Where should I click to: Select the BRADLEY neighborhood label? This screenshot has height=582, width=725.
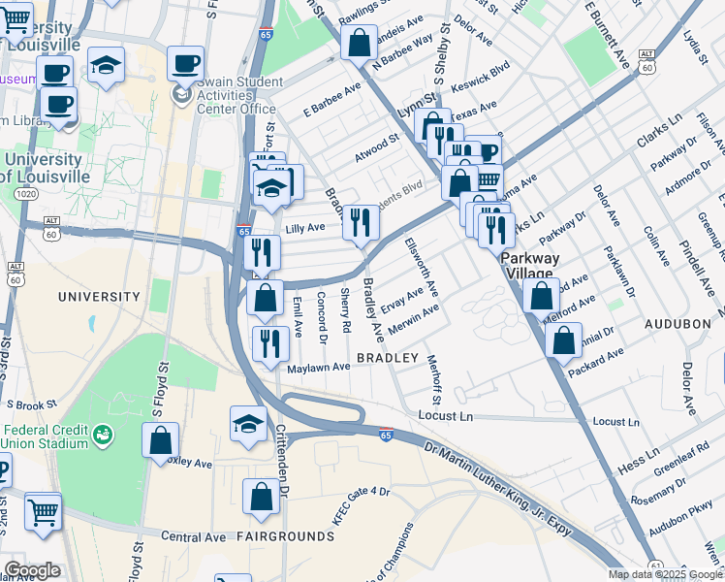pyautogui.click(x=387, y=358)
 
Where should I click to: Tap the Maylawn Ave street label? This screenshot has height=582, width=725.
pyautogui.click(x=318, y=368)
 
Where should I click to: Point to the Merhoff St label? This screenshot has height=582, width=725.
pyautogui.click(x=435, y=379)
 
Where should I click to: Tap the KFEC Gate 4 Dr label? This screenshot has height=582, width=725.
pyautogui.click(x=361, y=505)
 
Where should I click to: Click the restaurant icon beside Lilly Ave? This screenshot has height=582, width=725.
pyautogui.click(x=361, y=223)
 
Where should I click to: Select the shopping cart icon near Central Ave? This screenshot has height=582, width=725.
pyautogui.click(x=44, y=510)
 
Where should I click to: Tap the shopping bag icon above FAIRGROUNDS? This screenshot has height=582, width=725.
pyautogui.click(x=262, y=497)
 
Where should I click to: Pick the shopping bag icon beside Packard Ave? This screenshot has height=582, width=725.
pyautogui.click(x=563, y=340)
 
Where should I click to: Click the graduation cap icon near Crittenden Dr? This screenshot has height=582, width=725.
pyautogui.click(x=249, y=423)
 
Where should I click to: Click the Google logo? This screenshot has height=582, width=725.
pyautogui.click(x=32, y=570)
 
